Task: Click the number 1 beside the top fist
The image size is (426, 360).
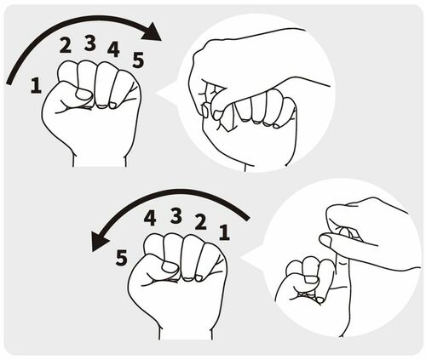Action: click(x=35, y=84)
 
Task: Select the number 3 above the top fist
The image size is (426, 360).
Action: click(x=89, y=41)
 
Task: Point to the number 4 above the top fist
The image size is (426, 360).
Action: click(x=113, y=49)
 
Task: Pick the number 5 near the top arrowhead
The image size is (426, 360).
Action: click(x=138, y=60)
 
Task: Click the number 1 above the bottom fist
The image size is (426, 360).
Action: click(x=224, y=231)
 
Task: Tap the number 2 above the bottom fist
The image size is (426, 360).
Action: click(x=201, y=222)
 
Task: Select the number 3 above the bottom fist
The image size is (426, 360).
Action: click(x=176, y=215)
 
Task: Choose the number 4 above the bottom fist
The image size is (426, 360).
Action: click(x=151, y=218)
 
